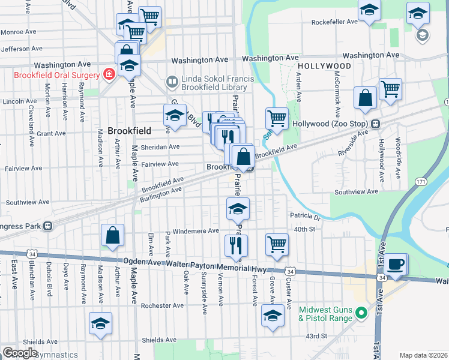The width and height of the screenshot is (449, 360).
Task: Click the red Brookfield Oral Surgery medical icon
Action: pos(109,75)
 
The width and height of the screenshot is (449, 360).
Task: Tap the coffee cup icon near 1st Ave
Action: pos(396,265)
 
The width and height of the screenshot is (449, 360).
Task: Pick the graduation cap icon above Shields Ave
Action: pos(100,323)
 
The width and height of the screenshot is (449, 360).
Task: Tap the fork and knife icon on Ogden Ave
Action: pos(236,245)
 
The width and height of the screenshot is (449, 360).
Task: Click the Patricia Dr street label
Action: pos(306,216)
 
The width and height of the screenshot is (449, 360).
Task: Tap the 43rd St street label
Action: pos(316,336)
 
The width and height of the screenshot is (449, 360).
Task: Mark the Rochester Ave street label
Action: pos(162,305)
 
